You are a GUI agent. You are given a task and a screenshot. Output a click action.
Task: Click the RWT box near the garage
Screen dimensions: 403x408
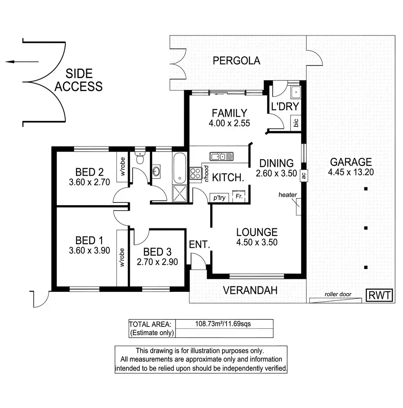point(379,295)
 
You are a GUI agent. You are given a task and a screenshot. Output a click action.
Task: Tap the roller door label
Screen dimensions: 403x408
point(338,294)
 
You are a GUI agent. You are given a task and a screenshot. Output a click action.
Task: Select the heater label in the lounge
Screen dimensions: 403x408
point(287,195)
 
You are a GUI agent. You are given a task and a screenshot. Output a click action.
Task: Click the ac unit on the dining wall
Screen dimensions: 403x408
point(303,176)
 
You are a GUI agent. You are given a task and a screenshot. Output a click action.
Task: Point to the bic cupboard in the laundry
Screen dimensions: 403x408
point(296,123)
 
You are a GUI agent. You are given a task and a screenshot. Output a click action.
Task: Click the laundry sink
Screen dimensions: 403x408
point(295,93)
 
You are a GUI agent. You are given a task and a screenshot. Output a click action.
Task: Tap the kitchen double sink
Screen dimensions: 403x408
point(222,156)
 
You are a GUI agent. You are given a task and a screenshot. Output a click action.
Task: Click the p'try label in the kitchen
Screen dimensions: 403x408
point(219,198)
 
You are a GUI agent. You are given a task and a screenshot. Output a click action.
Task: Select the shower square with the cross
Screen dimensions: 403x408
point(181,193)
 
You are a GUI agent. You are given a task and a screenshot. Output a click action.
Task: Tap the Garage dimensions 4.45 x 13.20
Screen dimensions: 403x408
point(350,172)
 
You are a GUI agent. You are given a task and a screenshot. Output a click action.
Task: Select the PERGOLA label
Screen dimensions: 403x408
point(237,61)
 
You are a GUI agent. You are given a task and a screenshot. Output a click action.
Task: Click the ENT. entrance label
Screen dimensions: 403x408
point(200,244)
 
